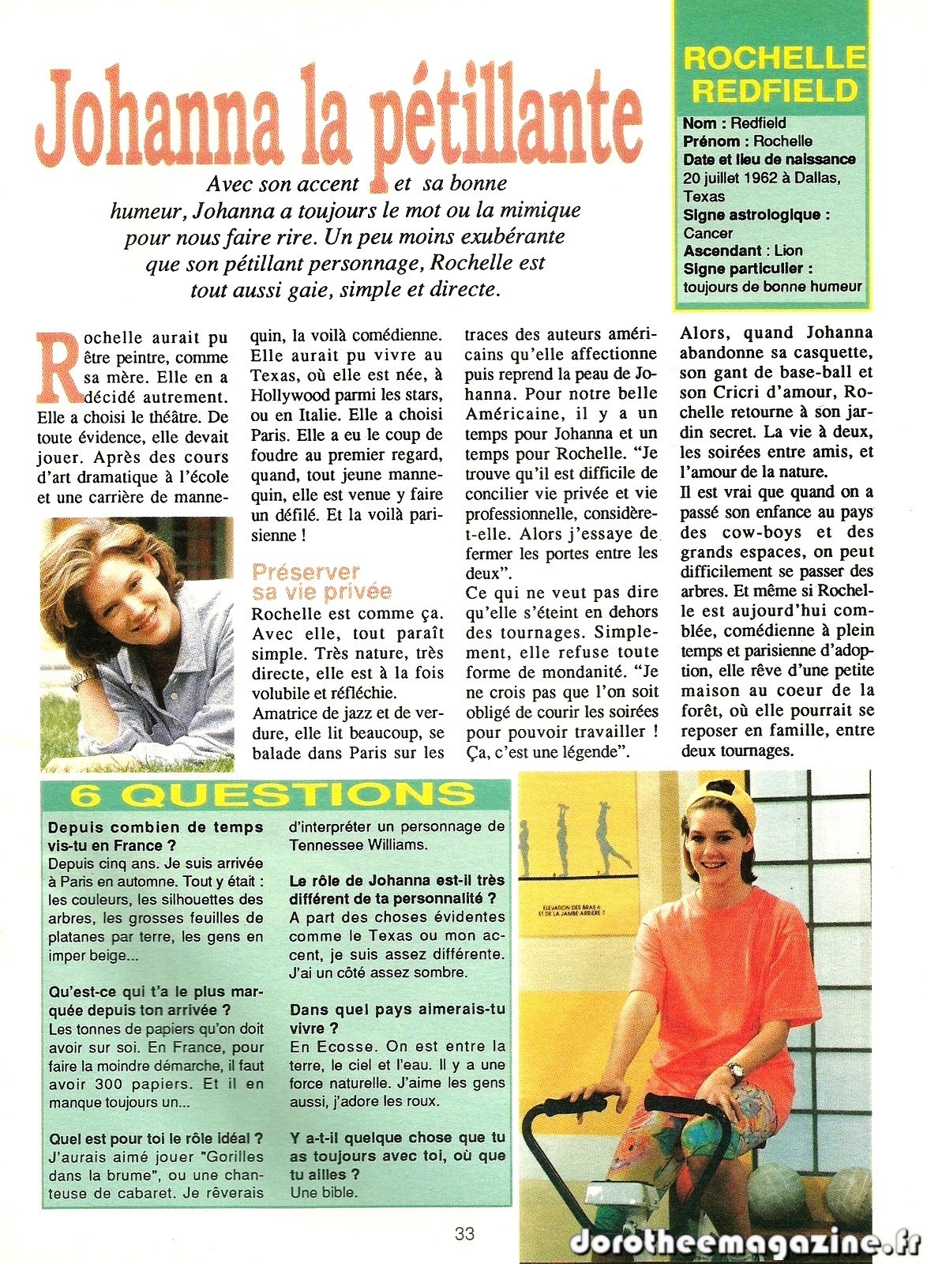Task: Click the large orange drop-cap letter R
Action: click(x=56, y=363)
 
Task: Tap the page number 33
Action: click(x=464, y=1232)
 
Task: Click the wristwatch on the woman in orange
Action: click(x=736, y=1070)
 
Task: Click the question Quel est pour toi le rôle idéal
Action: click(x=156, y=1139)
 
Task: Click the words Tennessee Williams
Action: click(x=358, y=845)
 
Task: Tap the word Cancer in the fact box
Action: click(x=707, y=233)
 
